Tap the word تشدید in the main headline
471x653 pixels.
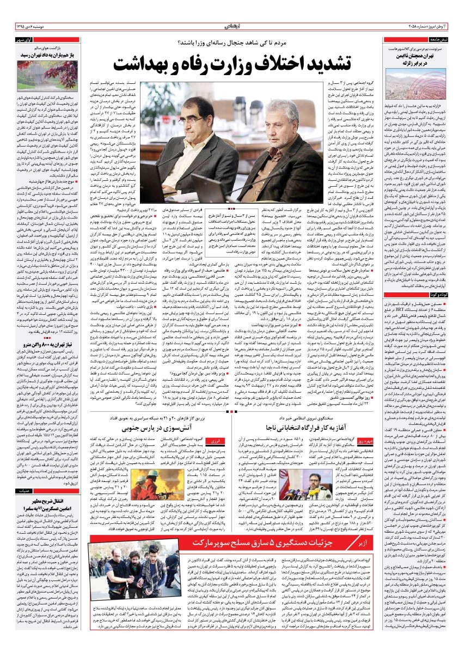coord(338,63)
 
